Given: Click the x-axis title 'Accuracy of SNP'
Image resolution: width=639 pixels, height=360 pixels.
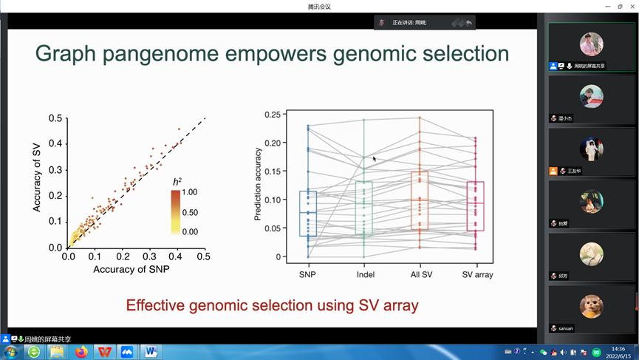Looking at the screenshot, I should (x=131, y=270).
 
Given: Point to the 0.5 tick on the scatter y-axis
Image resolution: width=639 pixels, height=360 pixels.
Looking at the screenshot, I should (x=55, y=118).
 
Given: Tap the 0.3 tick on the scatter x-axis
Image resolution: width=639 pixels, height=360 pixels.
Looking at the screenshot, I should (x=150, y=257).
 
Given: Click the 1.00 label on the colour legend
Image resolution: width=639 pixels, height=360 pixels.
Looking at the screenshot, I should (x=190, y=192).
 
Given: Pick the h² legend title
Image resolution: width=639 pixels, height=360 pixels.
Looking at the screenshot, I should (x=177, y=182).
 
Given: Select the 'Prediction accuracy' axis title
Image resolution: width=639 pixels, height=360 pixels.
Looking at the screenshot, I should (x=258, y=184).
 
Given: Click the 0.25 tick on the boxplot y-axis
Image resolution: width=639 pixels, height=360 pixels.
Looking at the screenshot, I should (x=273, y=115).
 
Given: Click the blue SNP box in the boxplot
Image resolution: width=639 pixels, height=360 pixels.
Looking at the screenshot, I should (x=308, y=214).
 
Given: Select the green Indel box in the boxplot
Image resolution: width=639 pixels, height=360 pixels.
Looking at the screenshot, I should (x=364, y=208).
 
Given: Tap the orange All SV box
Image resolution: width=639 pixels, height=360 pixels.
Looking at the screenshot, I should (x=420, y=200).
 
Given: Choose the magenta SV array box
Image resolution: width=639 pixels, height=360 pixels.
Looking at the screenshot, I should (x=476, y=206).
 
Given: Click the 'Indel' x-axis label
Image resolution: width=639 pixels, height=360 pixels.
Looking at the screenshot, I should (x=365, y=275).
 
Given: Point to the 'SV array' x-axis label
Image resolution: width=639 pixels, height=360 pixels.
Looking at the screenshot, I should (x=477, y=275).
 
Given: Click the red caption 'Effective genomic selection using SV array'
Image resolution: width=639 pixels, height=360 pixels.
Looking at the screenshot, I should (x=272, y=305).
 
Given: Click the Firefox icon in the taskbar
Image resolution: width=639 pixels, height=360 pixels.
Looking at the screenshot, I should (x=81, y=352).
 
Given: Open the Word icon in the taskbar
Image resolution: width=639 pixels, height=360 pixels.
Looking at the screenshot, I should (x=150, y=352).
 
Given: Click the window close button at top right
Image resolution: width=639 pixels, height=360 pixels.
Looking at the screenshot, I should (x=632, y=6).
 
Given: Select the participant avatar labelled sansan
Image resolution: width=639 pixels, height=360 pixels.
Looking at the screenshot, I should (x=591, y=307).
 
